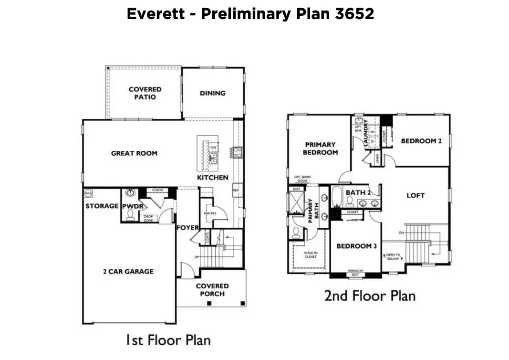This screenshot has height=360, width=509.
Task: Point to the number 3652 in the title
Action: pyautogui.click(x=354, y=14)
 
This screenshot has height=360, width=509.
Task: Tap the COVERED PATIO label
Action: pyautogui.click(x=145, y=93)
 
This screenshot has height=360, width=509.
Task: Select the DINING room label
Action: pyautogui.click(x=213, y=93)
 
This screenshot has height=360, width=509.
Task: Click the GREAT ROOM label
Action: pyautogui.click(x=134, y=153)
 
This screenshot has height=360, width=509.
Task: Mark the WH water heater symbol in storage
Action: pyautogui.click(x=88, y=193)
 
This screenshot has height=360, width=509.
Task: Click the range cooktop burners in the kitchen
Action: pyautogui.click(x=237, y=153)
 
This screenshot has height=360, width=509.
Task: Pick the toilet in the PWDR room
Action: pyautogui.click(x=129, y=216)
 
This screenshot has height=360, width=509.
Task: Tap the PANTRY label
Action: pyautogui.click(x=210, y=213)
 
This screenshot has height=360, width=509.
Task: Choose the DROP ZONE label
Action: pyautogui.click(x=149, y=218)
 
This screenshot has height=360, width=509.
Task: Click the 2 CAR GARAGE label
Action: pyautogui.click(x=128, y=271)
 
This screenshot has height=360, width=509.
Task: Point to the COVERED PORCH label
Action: pyautogui.click(x=212, y=290)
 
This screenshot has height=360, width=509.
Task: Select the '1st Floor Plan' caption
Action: pyautogui.click(x=168, y=340)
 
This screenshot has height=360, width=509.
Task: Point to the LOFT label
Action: pyautogui.click(x=415, y=195)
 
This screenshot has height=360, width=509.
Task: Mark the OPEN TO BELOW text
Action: pyautogui.click(x=394, y=257)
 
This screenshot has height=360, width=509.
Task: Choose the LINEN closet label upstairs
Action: pyautogui.click(x=377, y=159)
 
